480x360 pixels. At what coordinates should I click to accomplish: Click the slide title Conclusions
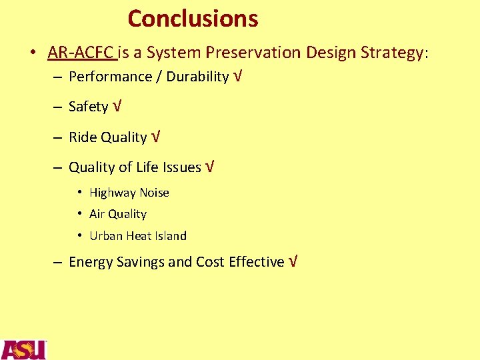(193, 19)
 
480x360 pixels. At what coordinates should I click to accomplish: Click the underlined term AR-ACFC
(81, 52)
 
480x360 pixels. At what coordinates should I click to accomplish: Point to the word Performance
(110, 77)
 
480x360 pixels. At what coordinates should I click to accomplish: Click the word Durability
(197, 77)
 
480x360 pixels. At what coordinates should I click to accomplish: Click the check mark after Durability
(238, 76)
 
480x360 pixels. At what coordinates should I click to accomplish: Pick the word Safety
(88, 107)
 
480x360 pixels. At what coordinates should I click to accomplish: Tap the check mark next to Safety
(117, 106)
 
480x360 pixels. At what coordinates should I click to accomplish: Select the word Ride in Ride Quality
(83, 137)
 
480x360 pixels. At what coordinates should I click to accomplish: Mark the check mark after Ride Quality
(155, 137)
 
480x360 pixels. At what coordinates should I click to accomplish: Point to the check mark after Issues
(210, 167)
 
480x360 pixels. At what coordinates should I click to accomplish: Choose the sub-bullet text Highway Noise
(129, 193)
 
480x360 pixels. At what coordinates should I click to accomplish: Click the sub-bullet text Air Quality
(118, 214)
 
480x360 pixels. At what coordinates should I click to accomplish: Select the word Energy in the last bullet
(91, 262)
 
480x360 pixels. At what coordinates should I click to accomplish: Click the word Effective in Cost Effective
(257, 262)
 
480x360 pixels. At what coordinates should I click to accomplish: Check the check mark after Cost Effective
(293, 261)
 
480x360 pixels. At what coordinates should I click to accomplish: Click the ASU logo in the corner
(23, 349)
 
